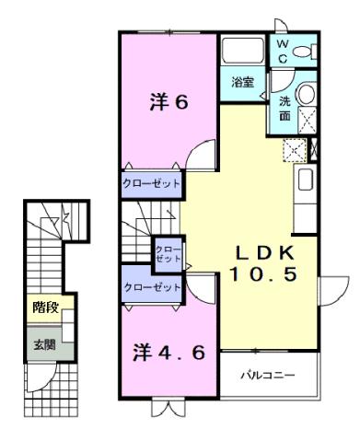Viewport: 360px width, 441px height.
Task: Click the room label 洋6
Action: [168, 102]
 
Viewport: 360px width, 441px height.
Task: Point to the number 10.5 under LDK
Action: [262, 274]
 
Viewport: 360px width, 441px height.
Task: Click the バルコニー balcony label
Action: [268, 376]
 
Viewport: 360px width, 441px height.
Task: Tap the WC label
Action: [282, 50]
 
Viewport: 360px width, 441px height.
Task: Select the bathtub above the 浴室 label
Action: [243, 52]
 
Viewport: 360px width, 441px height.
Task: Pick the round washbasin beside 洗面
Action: [308, 94]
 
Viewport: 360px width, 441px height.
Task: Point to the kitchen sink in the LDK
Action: [307, 180]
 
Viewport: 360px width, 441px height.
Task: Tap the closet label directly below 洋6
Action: [152, 184]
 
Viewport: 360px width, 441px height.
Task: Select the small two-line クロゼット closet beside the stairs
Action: [168, 254]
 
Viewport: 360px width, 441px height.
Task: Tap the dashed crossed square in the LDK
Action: [296, 150]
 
